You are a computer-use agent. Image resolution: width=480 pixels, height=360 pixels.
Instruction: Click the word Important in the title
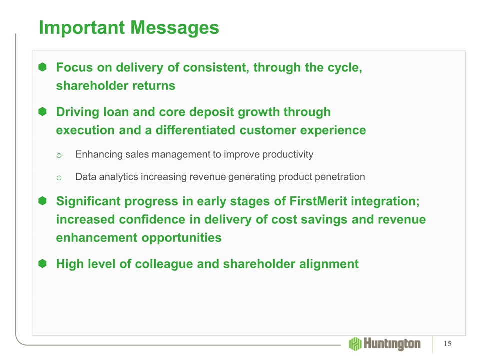(82, 28)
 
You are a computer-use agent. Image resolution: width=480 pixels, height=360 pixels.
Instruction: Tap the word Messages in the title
(175, 28)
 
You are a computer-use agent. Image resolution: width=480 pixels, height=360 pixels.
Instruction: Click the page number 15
(448, 344)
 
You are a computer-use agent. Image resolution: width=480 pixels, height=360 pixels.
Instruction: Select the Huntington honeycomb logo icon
(355, 344)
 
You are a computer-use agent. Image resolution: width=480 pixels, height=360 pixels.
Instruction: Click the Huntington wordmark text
(392, 344)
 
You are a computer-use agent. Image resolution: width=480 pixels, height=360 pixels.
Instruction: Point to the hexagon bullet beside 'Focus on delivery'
(43, 67)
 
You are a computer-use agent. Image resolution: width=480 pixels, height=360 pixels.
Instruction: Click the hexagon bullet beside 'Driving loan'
(43, 112)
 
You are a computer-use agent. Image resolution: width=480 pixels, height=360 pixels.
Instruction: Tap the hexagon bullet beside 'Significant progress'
(43, 201)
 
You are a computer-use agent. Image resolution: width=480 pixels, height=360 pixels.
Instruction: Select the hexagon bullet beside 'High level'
(43, 263)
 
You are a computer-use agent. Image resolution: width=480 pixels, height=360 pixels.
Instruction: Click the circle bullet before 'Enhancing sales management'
(59, 156)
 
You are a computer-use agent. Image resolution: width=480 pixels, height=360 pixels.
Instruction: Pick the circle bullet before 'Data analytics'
(59, 178)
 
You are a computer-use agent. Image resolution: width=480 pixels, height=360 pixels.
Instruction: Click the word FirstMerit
(318, 201)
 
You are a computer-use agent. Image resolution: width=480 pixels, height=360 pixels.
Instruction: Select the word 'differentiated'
(195, 130)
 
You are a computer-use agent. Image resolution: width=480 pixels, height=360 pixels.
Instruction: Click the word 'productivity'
(288, 155)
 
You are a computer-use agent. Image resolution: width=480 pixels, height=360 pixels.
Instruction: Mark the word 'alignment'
(329, 264)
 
